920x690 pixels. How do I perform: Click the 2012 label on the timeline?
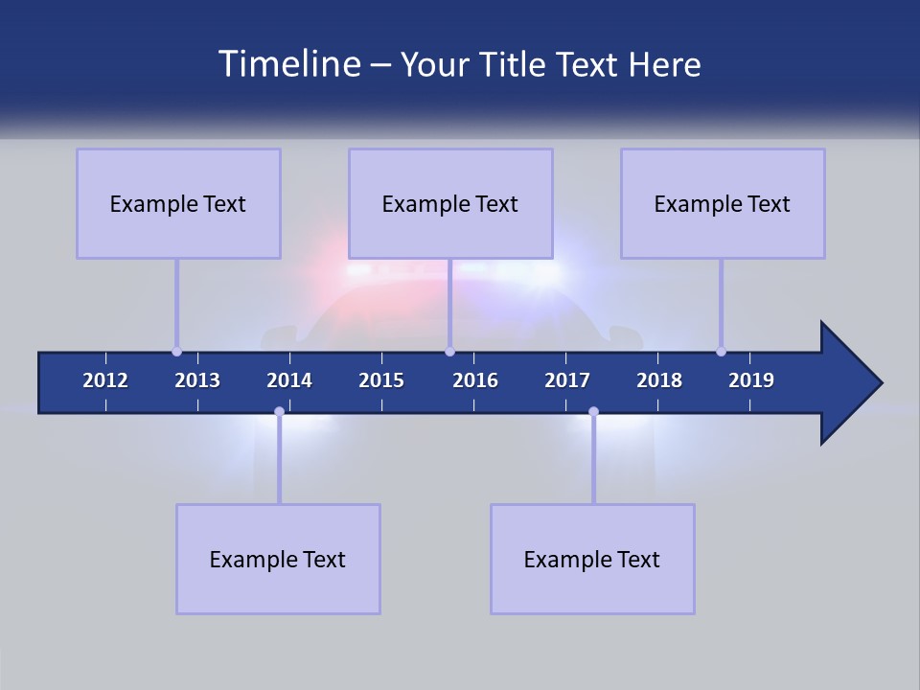pyautogui.click(x=105, y=380)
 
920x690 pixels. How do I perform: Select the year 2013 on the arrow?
pyautogui.click(x=197, y=380)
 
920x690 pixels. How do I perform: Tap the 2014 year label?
pyautogui.click(x=289, y=380)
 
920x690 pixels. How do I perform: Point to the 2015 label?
pyautogui.click(x=381, y=380)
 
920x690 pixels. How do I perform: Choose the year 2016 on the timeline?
pyautogui.click(x=475, y=380)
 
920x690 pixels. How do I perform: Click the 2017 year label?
pyautogui.click(x=567, y=380)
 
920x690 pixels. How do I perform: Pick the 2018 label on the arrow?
pyautogui.click(x=659, y=380)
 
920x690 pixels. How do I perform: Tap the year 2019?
pyautogui.click(x=751, y=380)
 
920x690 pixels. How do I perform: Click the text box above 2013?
pyautogui.click(x=178, y=203)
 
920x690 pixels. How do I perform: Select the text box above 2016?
pyautogui.click(x=450, y=203)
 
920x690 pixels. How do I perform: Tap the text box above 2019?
pyautogui.click(x=723, y=203)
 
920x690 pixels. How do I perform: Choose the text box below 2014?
pyautogui.click(x=278, y=559)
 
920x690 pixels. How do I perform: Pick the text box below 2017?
pyautogui.click(x=592, y=559)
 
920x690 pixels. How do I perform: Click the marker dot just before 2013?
pyautogui.click(x=176, y=351)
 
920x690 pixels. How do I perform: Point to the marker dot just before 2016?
pyautogui.click(x=449, y=351)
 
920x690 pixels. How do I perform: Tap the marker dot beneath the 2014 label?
pyautogui.click(x=279, y=412)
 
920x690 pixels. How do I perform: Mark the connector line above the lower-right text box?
pyautogui.click(x=593, y=460)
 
